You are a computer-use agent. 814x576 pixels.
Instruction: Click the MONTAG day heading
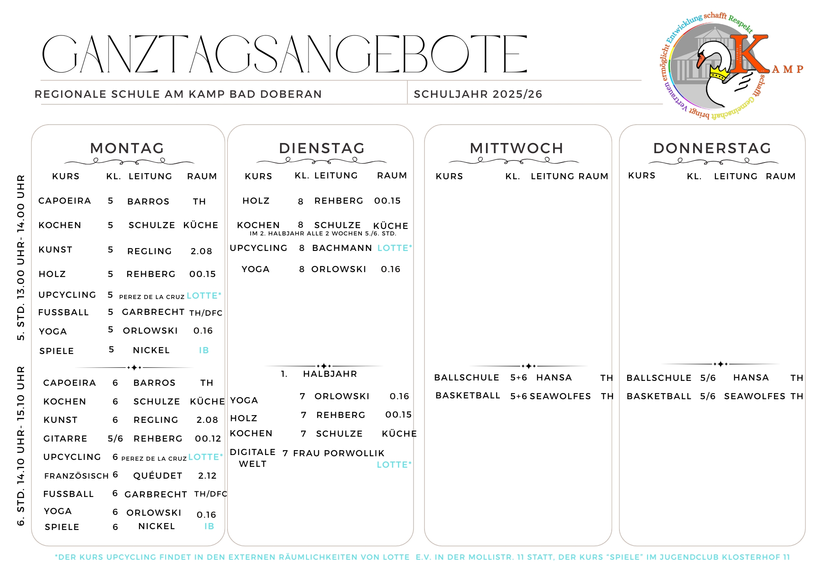[127, 148]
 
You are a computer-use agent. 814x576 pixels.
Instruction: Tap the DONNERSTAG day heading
[712, 148]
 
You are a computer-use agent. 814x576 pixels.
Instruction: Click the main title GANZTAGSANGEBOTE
[284, 54]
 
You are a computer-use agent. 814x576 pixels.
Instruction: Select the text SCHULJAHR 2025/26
[478, 94]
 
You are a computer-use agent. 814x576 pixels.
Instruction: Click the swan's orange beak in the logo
[701, 60]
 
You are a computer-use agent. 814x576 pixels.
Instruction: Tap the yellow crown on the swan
[719, 73]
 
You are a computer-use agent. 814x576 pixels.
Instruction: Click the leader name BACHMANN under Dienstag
[342, 248]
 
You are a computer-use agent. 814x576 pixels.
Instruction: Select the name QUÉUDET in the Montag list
[158, 476]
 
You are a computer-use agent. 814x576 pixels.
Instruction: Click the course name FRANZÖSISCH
[77, 476]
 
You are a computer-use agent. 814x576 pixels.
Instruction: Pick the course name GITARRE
[65, 439]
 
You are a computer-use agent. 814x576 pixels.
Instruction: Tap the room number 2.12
[207, 476]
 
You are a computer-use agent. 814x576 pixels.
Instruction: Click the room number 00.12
[208, 439]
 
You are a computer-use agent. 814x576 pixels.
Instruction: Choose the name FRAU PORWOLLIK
[339, 453]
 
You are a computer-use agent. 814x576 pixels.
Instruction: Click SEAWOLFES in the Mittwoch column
[560, 396]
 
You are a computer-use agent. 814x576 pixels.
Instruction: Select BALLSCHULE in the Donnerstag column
[659, 378]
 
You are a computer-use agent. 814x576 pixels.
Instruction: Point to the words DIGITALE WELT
[252, 458]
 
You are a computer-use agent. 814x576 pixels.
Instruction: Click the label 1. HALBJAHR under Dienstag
[319, 374]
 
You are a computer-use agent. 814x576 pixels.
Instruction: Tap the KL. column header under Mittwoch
[512, 176]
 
